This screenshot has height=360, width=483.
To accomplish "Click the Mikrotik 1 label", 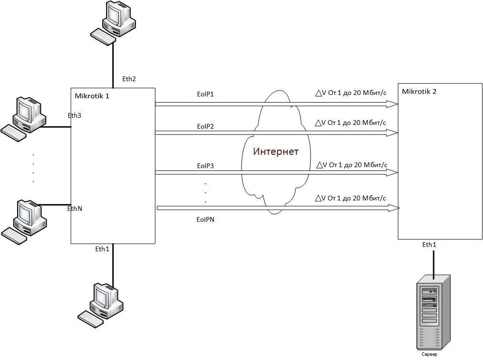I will pos(92,96).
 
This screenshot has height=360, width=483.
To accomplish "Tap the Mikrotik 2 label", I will pos(419,92).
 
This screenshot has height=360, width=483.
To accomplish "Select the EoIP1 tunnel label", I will pos(205,94).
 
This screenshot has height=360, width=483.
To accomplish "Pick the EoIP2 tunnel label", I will pos(205,126).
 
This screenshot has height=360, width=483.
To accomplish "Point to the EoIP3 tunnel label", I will pos(205,166).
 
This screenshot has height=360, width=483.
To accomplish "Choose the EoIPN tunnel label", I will pos(205,219).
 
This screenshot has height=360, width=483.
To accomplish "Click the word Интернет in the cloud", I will pos(276,152).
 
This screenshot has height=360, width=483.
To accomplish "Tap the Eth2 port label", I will pos(129,79).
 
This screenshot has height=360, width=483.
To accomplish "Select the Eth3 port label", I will pos(75,115).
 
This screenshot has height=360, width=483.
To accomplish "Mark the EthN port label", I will pos(75,208).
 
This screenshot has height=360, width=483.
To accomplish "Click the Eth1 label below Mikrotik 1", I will pos(102,249).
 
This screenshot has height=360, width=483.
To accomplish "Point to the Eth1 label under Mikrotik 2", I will pos(429,245).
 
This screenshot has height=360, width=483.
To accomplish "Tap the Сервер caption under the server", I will pos(429,354).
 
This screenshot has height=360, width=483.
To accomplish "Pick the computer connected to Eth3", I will pos(26,119).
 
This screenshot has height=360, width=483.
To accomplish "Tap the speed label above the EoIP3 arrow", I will pos(351,165).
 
